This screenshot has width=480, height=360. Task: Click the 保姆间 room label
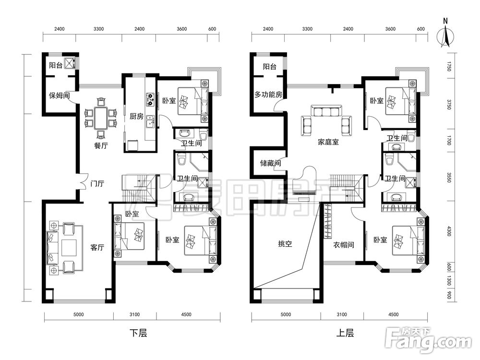point(59,96)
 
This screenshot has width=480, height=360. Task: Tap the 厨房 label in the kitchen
point(136,116)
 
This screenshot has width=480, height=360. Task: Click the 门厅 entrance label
point(97,184)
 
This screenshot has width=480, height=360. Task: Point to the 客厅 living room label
point(97,247)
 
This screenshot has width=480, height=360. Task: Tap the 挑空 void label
point(285,244)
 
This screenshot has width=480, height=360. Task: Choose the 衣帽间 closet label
point(344,245)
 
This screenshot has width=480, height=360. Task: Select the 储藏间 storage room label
point(271,163)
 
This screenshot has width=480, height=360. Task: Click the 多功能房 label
point(268,95)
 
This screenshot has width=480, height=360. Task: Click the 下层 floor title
point(138,333)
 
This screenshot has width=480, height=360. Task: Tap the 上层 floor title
point(345,333)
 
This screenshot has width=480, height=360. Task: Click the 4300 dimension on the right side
point(449,231)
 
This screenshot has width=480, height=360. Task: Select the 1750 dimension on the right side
point(449,66)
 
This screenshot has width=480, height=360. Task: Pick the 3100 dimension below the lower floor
point(135,314)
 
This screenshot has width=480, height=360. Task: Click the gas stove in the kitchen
point(150,99)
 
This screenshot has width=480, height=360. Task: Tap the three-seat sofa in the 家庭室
point(326,111)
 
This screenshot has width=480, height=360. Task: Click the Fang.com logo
point(428,340)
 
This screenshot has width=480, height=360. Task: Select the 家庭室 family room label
point(328,142)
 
